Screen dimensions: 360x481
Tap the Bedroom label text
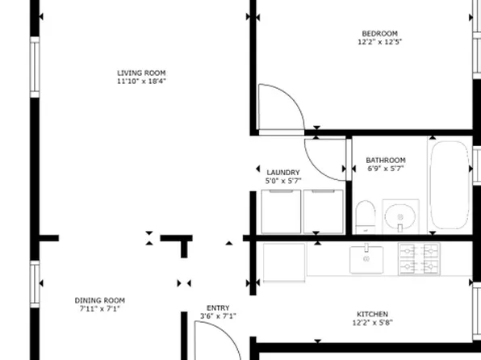pos(379,33)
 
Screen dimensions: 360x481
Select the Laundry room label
pos(283,172)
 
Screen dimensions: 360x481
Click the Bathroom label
pos(386,160)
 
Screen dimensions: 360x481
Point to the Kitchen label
pos(373,314)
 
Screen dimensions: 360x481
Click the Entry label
pos(218,308)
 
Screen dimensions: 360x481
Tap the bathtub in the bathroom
pos(449,185)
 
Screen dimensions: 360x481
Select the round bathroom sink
pos(401,216)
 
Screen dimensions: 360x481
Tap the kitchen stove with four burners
pos(419,259)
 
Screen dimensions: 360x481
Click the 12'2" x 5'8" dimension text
pos(373,323)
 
